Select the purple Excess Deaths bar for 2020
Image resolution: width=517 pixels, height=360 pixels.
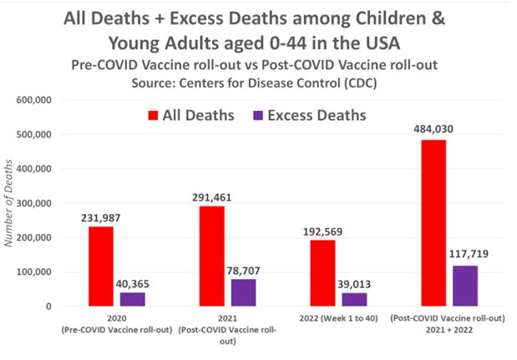tap(132, 299)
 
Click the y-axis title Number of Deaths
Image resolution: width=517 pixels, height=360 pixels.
tap(12, 205)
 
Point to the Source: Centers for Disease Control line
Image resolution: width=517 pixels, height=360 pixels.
tap(261, 83)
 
